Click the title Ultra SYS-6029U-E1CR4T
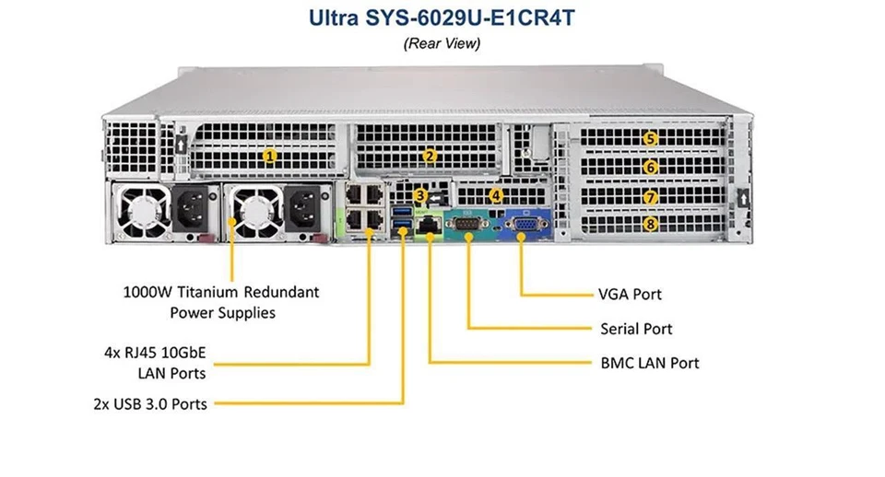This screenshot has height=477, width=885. [442, 18]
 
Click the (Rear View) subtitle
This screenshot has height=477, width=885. [442, 43]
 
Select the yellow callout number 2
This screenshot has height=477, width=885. [430, 156]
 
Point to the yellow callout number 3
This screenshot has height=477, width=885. [420, 195]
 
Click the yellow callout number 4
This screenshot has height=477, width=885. [496, 195]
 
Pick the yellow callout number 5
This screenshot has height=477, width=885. [651, 139]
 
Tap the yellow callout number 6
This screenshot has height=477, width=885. [651, 168]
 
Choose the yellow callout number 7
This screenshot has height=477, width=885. [651, 196]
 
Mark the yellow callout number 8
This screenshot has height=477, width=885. [651, 223]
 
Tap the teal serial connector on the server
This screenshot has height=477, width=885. [468, 226]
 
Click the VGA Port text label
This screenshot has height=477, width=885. [630, 295]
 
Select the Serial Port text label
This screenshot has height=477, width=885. [636, 329]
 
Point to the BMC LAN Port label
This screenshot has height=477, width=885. [649, 363]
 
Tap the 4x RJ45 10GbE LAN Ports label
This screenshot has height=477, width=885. [155, 361]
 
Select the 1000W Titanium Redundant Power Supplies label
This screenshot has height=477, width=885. [221, 302]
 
